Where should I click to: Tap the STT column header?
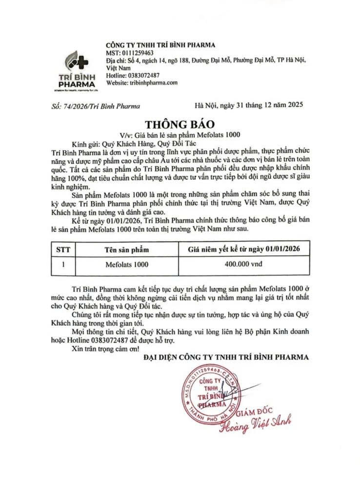point(63,250)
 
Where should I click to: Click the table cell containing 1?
point(63,265)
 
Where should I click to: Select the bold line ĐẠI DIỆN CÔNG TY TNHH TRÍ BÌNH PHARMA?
point(226,357)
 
